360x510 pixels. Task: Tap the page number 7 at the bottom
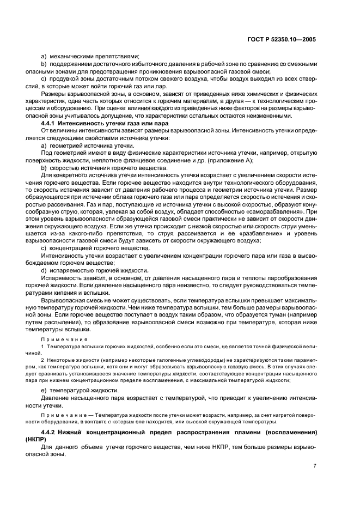(x=315, y=465)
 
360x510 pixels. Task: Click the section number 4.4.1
(x=51, y=124)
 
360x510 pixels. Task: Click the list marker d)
(x=44, y=270)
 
